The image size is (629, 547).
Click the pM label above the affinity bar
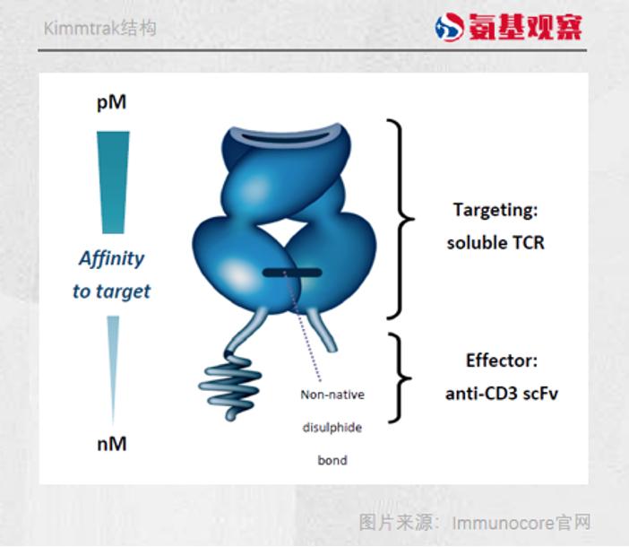click(x=111, y=103)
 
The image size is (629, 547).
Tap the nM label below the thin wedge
click(x=112, y=444)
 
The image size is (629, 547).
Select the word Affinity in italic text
click(x=111, y=258)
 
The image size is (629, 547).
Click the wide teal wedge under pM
click(x=113, y=182)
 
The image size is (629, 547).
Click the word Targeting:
click(x=495, y=210)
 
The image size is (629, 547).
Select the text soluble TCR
click(x=495, y=243)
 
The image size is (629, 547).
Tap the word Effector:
click(x=502, y=360)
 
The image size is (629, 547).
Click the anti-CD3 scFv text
click(x=502, y=394)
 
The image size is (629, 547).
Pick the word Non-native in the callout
click(x=332, y=395)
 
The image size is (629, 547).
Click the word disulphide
click(x=332, y=428)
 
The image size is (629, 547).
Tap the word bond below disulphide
click(x=332, y=460)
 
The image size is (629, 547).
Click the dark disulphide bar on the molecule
click(x=292, y=273)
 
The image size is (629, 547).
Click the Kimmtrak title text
click(x=99, y=29)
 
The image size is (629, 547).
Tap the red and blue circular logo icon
click(x=449, y=27)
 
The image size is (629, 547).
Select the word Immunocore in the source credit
click(x=503, y=524)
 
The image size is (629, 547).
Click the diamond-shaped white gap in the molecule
click(x=284, y=231)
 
